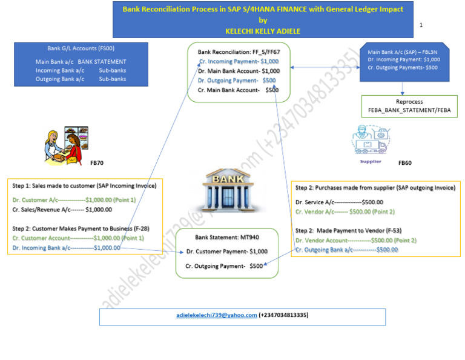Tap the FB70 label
(x=97, y=163)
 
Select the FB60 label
(x=404, y=163)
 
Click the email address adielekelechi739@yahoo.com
(x=217, y=315)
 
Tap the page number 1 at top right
(x=421, y=25)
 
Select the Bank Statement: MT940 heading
(x=226, y=238)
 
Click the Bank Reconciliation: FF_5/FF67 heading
(x=238, y=52)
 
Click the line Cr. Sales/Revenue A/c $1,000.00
(x=62, y=210)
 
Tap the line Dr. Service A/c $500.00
(x=339, y=202)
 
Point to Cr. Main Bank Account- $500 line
(x=238, y=90)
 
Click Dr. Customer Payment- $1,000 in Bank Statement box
(x=227, y=252)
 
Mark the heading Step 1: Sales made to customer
(x=84, y=185)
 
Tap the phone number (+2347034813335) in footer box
(x=283, y=315)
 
